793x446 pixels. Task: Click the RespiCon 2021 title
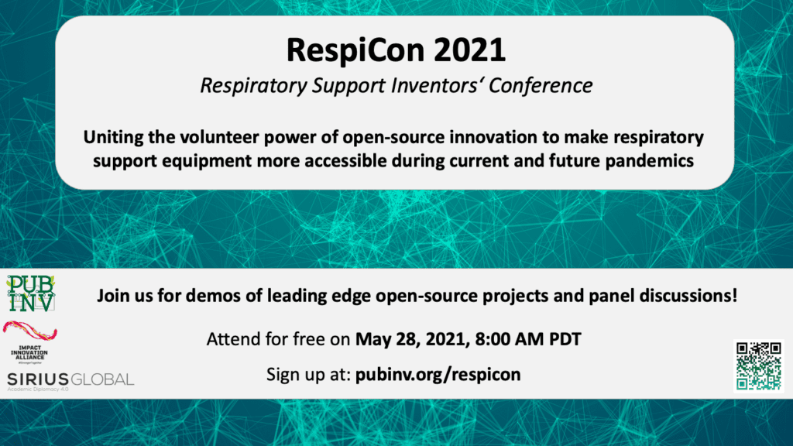396,50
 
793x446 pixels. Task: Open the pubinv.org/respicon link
438,374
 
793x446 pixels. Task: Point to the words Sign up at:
308,374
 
